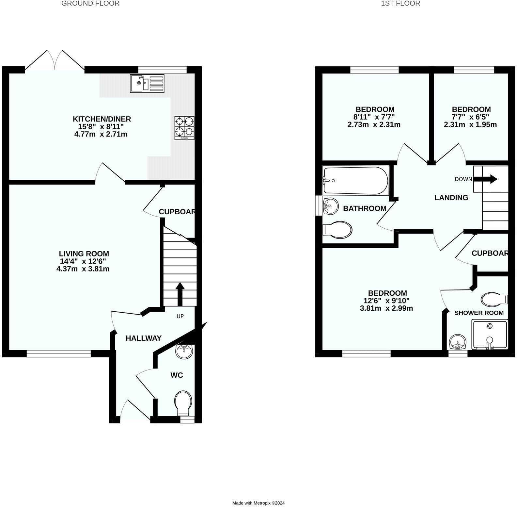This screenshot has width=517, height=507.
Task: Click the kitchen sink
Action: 148,83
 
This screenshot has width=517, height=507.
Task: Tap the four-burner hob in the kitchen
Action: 184,128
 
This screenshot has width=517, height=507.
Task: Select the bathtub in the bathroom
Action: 355,181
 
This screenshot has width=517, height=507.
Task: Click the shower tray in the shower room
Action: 490,335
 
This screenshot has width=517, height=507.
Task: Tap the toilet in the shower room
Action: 494,299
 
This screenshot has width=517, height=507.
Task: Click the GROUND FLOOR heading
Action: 90,4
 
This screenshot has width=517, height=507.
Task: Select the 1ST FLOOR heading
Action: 401,4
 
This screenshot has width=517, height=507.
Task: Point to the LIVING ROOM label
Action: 84,253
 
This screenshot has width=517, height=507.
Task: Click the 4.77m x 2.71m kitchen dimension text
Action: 101,134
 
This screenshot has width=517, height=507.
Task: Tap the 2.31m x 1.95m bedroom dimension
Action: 470,124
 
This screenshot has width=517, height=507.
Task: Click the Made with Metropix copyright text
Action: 258,503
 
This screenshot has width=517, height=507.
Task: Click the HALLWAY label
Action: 144,338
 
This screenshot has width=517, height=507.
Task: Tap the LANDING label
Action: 451,198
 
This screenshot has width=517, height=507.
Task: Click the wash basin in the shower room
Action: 458,342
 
